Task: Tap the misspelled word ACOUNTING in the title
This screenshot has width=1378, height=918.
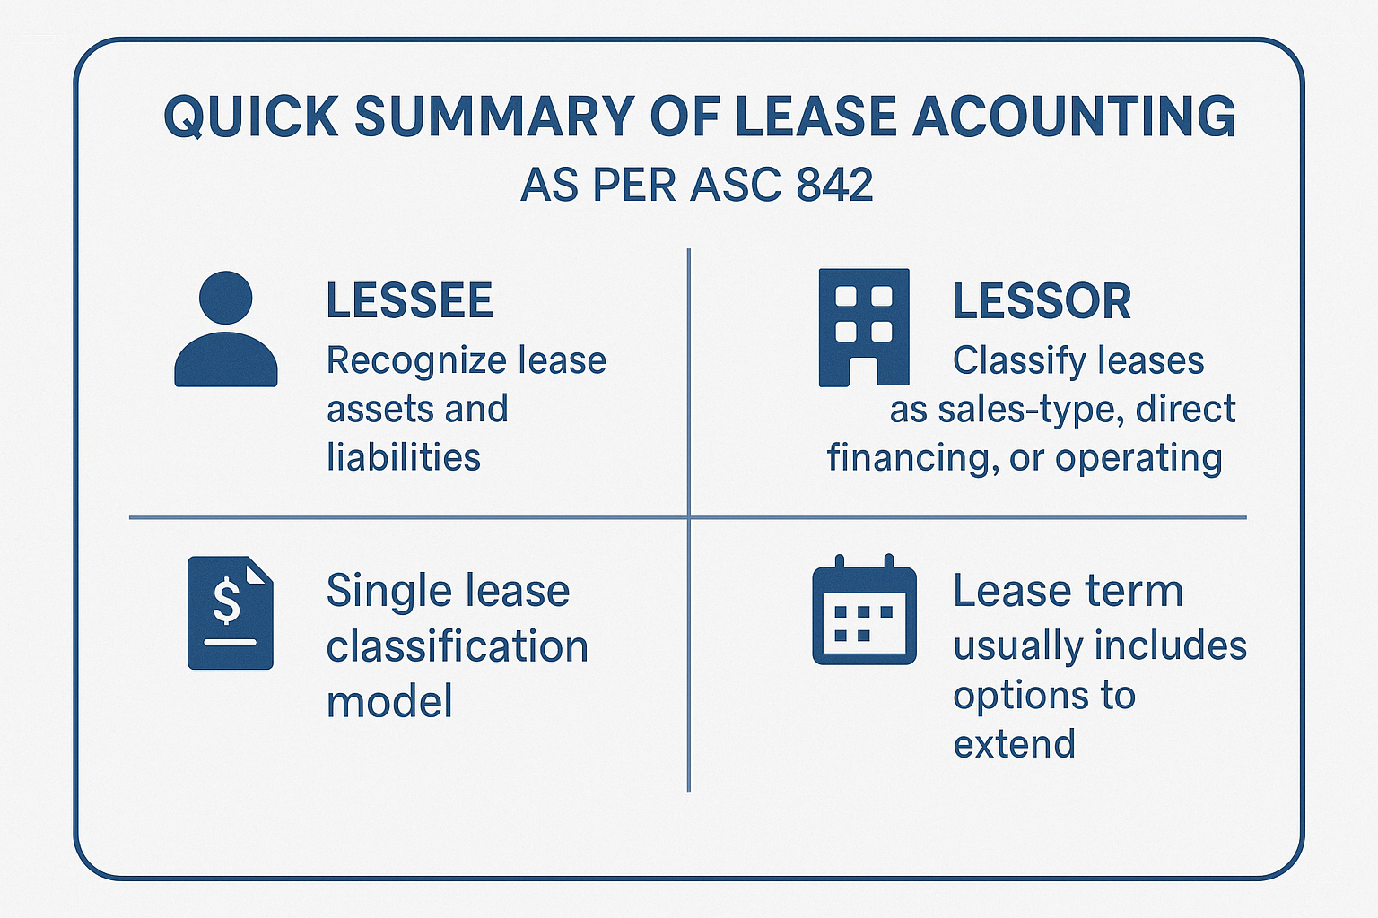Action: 1074,117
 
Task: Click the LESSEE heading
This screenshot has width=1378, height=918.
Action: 409,300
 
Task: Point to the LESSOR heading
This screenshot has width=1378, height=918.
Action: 1041,300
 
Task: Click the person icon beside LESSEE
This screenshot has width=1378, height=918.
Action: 226,329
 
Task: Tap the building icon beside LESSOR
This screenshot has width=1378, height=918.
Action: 864,327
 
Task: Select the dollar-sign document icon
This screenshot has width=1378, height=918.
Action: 230,612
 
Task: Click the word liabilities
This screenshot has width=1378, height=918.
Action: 403,457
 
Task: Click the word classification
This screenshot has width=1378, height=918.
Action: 457,646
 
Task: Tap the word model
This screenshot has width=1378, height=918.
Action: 389,702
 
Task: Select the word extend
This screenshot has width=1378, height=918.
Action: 1014,744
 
